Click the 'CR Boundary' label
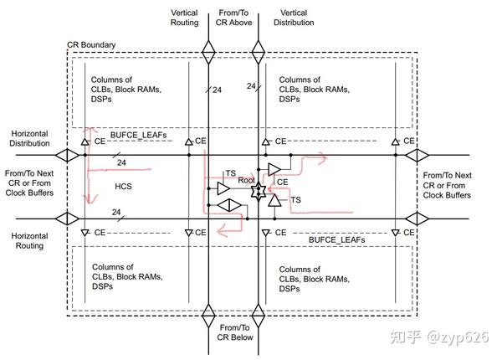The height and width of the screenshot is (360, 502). pyautogui.click(x=91, y=44)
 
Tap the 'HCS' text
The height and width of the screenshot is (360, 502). pyautogui.click(x=123, y=186)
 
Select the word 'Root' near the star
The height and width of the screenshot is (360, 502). pyautogui.click(x=246, y=180)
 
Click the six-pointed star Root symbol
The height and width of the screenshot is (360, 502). pyautogui.click(x=259, y=192)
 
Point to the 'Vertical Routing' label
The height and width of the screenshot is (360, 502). pyautogui.click(x=184, y=18)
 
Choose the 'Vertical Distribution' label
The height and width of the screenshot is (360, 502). pyautogui.click(x=294, y=18)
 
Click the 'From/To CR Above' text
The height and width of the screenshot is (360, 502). pyautogui.click(x=233, y=18)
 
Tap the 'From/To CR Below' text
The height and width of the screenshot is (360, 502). pyautogui.click(x=235, y=332)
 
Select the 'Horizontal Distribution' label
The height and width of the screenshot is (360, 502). pyautogui.click(x=29, y=138)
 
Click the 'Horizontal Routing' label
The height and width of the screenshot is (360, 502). pyautogui.click(x=29, y=241)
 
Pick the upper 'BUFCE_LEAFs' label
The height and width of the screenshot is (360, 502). pyautogui.click(x=138, y=135)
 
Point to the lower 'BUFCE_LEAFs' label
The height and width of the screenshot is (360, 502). pyautogui.click(x=337, y=240)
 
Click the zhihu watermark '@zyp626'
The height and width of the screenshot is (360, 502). pyautogui.click(x=457, y=337)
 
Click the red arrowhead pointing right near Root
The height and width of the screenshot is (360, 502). pyautogui.click(x=322, y=158)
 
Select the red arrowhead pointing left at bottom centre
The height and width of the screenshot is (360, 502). pyautogui.click(x=222, y=230)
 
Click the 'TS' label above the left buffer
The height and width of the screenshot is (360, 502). pyautogui.click(x=231, y=173)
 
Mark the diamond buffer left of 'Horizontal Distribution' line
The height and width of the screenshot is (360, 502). pyautogui.click(x=67, y=156)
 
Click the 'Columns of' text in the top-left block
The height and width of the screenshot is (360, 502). pyautogui.click(x=111, y=80)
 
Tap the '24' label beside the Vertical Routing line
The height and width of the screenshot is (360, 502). pyautogui.click(x=217, y=90)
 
